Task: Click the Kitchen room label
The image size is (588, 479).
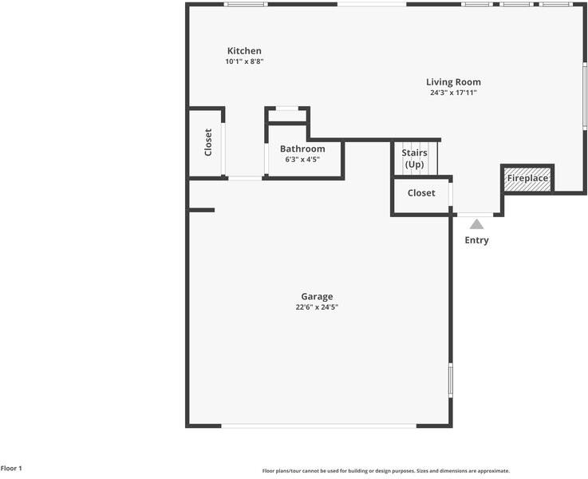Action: coord(244,51)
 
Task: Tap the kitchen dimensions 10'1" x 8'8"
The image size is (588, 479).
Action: coord(244,61)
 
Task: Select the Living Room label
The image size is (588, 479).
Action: coord(453,82)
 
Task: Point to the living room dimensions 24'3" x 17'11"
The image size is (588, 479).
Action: coord(453,93)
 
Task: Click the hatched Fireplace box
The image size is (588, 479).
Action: coord(527,178)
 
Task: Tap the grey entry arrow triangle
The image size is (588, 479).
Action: coord(476,224)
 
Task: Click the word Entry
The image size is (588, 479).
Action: coord(476,240)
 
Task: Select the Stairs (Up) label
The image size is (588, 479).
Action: coord(414,158)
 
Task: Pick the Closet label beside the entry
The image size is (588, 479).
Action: coord(421,193)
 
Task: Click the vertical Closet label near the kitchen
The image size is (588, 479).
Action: coord(208,142)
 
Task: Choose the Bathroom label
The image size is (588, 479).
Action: coord(302,149)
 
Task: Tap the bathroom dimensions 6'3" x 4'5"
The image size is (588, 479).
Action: coord(302,160)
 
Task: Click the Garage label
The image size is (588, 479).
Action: coord(317,297)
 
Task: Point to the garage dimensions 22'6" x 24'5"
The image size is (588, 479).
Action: coord(317,307)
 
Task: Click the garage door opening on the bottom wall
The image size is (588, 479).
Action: coord(318,426)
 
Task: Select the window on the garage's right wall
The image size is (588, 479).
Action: coord(450,380)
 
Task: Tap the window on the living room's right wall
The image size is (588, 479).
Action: coord(585,96)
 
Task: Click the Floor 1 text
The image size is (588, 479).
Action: coord(12,469)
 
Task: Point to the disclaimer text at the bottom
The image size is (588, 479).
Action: coord(385,471)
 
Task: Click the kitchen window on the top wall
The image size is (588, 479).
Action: coord(245,5)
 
